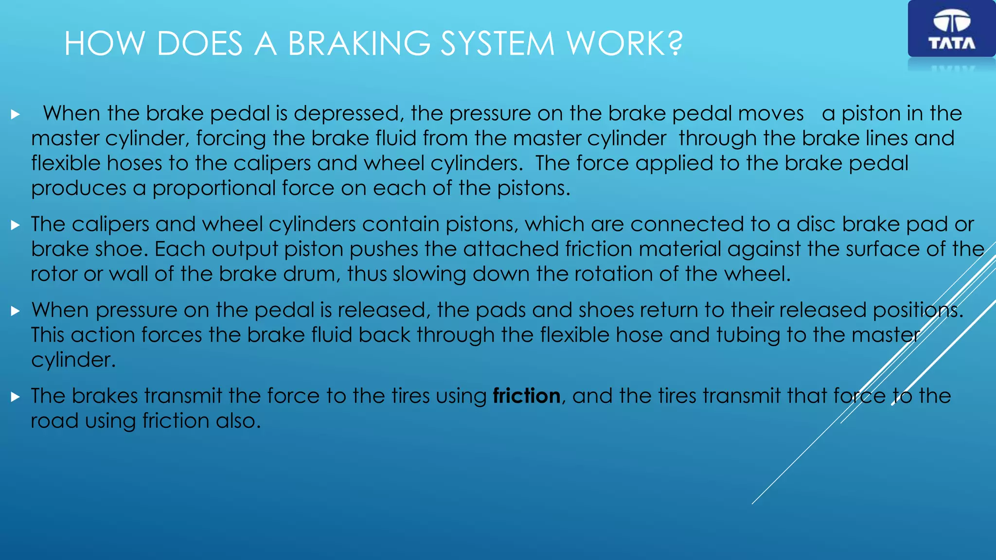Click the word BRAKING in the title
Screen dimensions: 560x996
(x=359, y=44)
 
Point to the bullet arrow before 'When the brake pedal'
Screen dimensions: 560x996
(x=16, y=115)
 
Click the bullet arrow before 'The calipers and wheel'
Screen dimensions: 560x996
(x=16, y=225)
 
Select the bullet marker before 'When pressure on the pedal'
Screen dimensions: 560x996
(x=16, y=311)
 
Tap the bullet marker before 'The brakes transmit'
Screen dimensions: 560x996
(x=16, y=397)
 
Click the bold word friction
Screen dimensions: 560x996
(x=526, y=396)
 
